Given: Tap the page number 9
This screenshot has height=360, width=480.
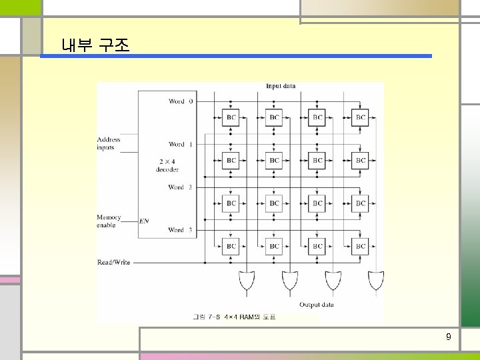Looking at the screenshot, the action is tap(448, 337).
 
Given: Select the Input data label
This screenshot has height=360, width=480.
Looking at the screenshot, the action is tap(281, 86).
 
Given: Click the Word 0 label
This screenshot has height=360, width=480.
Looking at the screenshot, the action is tap(180, 101).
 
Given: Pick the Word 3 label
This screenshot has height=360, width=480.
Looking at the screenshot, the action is tap(180, 230).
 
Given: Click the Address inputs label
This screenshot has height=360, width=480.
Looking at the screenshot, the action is tap(109, 144).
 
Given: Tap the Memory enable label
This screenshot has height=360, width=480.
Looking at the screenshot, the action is tap(109, 221).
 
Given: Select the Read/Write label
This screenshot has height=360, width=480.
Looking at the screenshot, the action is tap(113, 263).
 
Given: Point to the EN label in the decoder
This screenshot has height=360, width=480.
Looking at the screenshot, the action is tap(143, 221).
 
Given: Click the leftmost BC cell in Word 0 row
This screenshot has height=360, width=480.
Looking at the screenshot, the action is tap(231, 118).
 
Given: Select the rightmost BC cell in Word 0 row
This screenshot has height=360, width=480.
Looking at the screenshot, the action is tap(360, 118).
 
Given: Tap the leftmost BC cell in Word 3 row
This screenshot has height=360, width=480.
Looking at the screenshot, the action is tap(231, 247).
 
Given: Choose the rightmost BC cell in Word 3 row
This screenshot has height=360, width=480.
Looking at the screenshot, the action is tap(360, 247).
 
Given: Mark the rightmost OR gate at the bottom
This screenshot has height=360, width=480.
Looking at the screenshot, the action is tap(375, 282).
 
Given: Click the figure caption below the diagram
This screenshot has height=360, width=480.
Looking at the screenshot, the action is tap(233, 317).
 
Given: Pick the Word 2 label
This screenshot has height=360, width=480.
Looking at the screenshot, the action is tap(180, 187).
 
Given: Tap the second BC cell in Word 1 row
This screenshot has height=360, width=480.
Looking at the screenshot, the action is tap(274, 161).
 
